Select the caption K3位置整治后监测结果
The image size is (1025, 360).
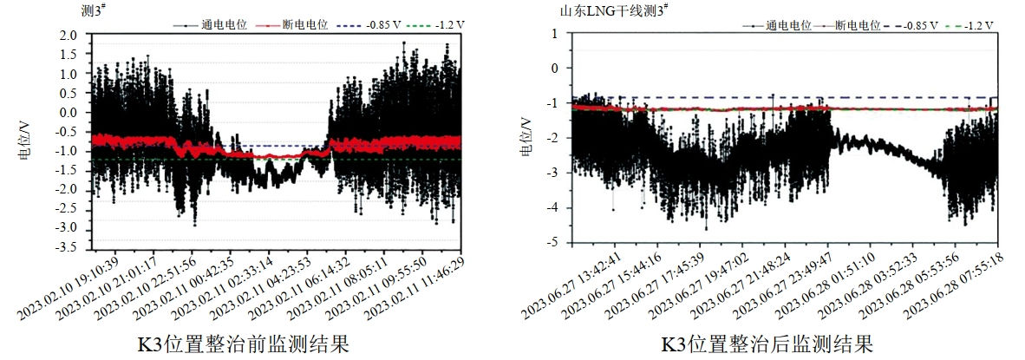point(767,344)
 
